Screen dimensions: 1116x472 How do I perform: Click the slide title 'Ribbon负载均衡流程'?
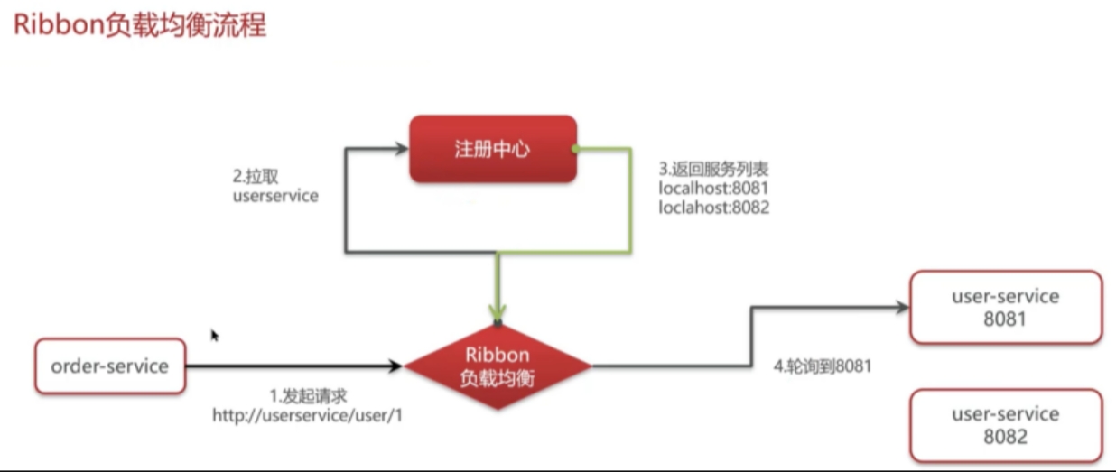(140, 25)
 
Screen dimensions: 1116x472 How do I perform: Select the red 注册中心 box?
(493, 149)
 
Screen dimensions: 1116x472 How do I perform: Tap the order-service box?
(110, 366)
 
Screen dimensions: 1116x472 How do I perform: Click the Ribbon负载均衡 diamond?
(498, 366)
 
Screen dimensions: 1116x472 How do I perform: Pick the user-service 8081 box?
(1006, 307)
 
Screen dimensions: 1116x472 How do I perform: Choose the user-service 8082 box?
(1006, 426)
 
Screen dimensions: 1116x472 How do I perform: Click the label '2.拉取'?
(256, 176)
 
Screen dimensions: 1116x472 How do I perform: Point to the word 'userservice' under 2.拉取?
(275, 196)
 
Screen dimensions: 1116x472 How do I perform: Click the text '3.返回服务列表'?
(713, 170)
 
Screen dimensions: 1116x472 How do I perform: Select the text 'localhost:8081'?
(713, 189)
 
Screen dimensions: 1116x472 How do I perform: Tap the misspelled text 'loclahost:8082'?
(714, 208)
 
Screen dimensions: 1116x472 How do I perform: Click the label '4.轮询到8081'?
(823, 366)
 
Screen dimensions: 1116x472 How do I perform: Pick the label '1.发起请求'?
(308, 396)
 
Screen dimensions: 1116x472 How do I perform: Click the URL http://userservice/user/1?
(307, 415)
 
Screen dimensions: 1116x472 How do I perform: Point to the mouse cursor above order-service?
(214, 335)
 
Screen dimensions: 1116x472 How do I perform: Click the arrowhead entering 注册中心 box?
(402, 148)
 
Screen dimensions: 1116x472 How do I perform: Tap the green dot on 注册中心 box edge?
(575, 148)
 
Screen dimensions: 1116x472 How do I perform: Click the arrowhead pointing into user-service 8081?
(902, 307)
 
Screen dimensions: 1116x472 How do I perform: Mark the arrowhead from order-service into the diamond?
(395, 366)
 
